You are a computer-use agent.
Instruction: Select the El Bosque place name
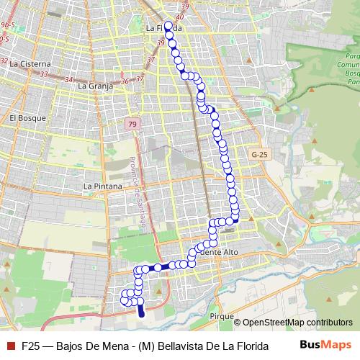27,117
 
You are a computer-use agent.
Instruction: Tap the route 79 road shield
132,125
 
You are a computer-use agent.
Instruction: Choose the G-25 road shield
260,154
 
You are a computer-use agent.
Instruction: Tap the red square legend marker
11,346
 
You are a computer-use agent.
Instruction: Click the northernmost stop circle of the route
168,25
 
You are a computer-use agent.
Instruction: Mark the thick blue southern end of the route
141,311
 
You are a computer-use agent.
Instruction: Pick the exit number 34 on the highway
68,79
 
